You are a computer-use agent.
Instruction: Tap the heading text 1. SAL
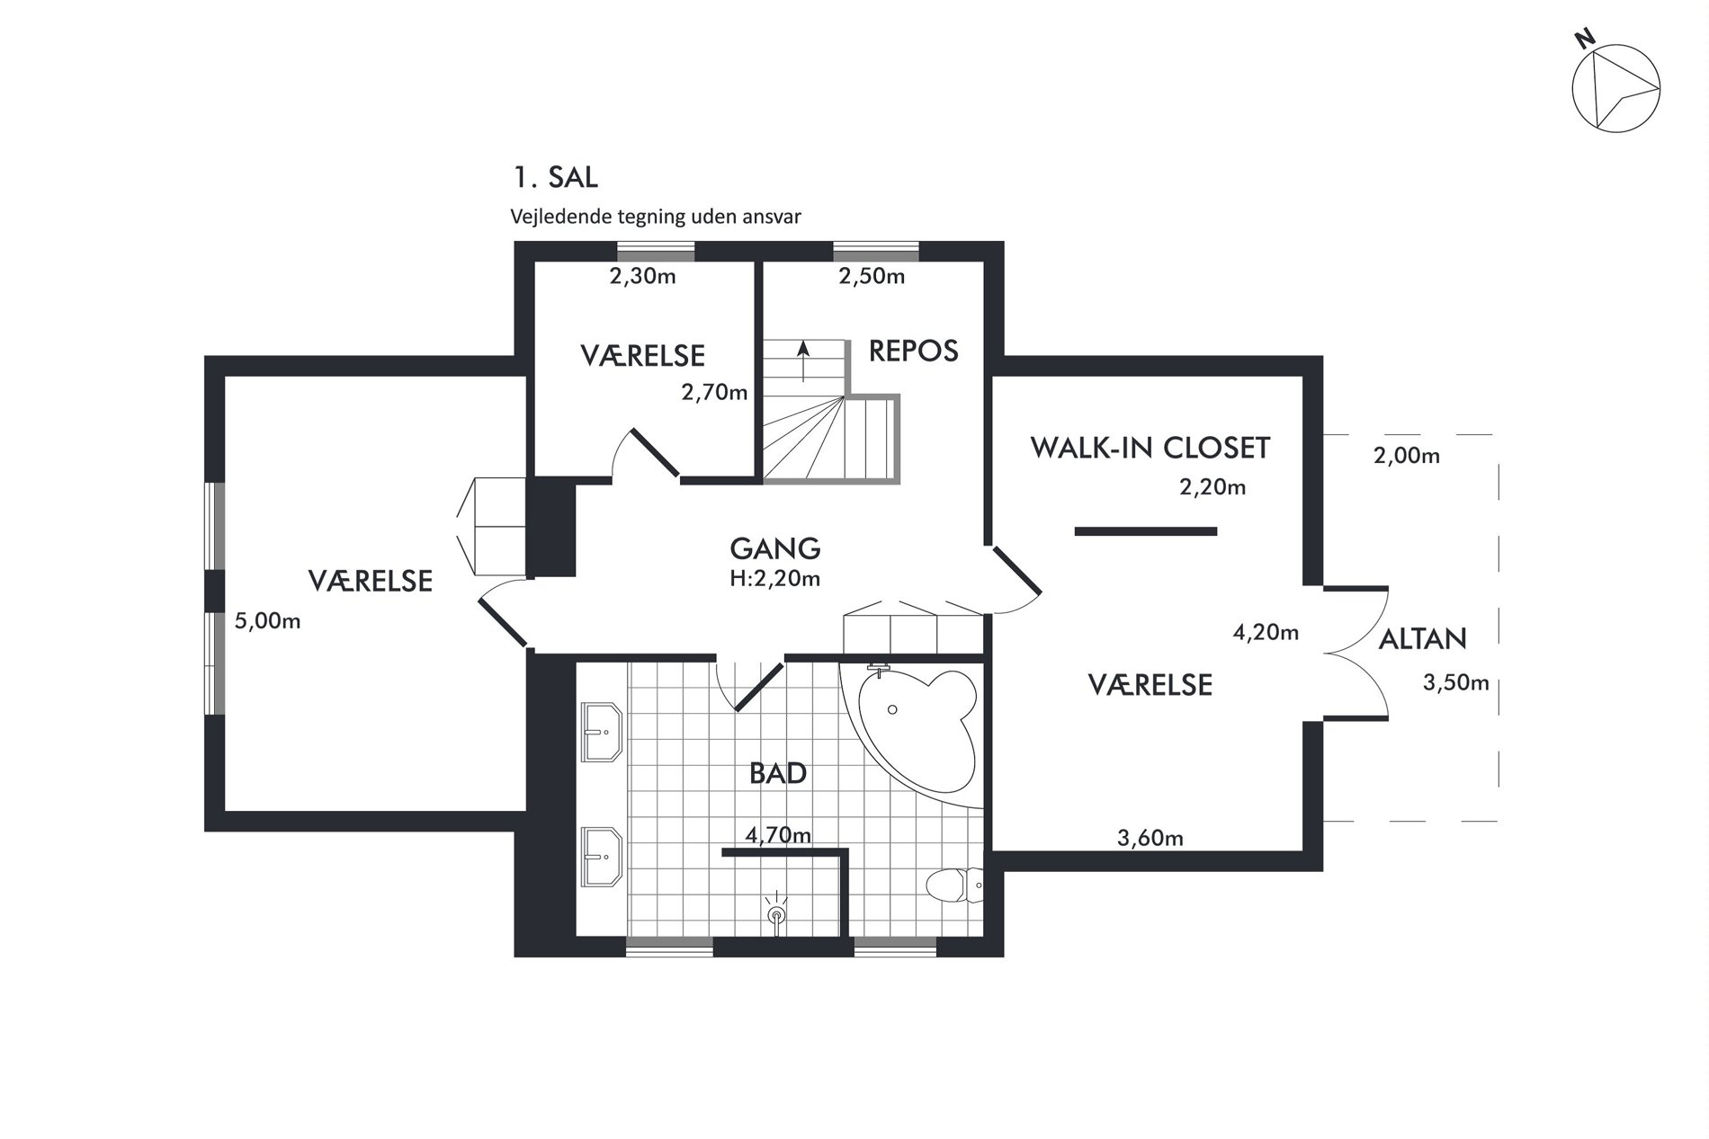(x=555, y=177)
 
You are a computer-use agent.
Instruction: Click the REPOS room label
(x=913, y=351)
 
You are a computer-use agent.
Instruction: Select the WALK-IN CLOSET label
(x=1150, y=448)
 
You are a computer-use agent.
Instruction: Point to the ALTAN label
(x=1423, y=639)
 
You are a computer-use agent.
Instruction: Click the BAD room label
(x=778, y=773)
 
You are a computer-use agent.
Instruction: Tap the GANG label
(x=775, y=548)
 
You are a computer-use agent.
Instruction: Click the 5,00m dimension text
(x=267, y=621)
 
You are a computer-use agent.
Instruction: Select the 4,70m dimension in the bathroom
(x=778, y=835)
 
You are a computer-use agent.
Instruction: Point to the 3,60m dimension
(x=1150, y=839)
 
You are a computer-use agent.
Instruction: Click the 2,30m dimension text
(x=643, y=276)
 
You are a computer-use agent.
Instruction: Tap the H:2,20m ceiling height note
(x=775, y=579)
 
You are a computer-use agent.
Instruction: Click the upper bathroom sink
(x=603, y=732)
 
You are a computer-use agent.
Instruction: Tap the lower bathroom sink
(x=603, y=856)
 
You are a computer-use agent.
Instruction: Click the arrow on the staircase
(x=803, y=361)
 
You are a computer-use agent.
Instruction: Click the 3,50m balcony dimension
(x=1455, y=683)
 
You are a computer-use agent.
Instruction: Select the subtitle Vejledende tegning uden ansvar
(x=656, y=217)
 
